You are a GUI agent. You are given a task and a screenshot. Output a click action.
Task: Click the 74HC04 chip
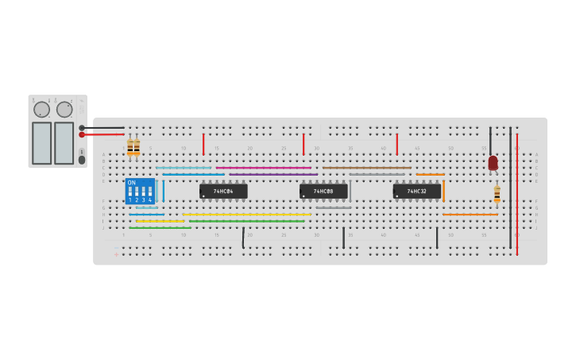pos(223,192)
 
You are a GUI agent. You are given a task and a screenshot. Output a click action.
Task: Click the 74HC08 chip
pos(323,192)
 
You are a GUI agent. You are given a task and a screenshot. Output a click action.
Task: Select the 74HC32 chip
pos(416,192)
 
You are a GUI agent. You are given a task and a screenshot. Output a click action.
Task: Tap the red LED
pos(493,162)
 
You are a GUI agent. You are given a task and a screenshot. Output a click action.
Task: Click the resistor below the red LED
pos(497,193)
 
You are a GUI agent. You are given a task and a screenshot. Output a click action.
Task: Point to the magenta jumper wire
pos(262,168)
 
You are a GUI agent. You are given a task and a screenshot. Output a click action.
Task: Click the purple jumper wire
pos(274,174)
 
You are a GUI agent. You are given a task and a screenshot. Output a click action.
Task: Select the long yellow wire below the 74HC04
pos(246,215)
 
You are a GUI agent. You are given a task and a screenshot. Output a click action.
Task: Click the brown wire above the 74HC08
pos(365,168)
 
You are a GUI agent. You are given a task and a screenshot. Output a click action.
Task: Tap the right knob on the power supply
pos(64,110)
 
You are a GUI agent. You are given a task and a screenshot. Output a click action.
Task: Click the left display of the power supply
pos(41,143)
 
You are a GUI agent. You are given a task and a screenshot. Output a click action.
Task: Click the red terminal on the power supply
pos(82,135)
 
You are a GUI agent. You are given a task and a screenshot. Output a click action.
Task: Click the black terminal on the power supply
pos(82,127)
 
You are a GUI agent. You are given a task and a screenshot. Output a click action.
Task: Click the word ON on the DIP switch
pos(131,183)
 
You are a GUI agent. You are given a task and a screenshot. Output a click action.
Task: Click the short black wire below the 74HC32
pos(436,238)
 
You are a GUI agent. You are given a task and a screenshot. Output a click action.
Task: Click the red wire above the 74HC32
pos(396,144)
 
